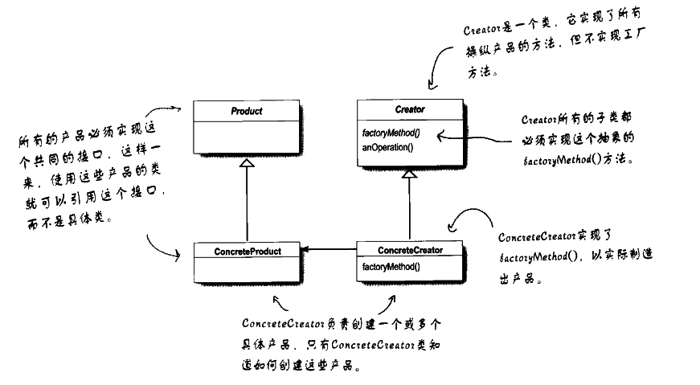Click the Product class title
pos(247,110)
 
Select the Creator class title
pos(410,109)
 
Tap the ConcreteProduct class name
pos(248,252)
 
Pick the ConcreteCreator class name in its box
pos(410,250)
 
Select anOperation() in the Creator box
pos(387,147)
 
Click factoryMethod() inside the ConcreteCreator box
pos(391,266)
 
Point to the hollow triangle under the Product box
pos(248,164)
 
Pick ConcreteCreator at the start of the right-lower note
pos(538,237)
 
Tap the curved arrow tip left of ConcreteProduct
pos(184,256)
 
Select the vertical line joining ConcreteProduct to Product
pos(248,205)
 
